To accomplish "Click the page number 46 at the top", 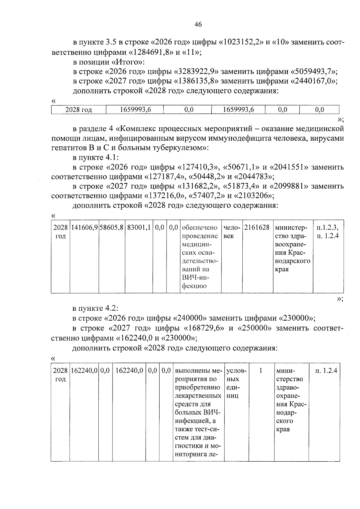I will coord(198,25).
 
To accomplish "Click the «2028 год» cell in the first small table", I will coord(79,110).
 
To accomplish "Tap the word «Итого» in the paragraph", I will coord(128,62).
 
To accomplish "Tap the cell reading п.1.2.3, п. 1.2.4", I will coord(328,232).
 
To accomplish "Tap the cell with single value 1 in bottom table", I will coord(261,371).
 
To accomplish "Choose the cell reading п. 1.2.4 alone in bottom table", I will coord(326,371).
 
